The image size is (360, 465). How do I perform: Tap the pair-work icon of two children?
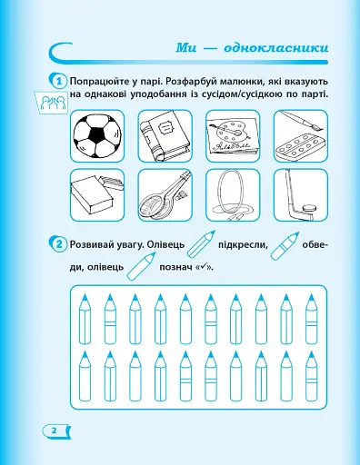[x=52, y=101]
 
